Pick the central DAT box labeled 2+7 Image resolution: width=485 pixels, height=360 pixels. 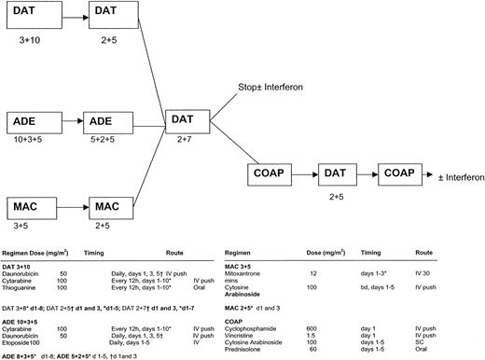189,122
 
